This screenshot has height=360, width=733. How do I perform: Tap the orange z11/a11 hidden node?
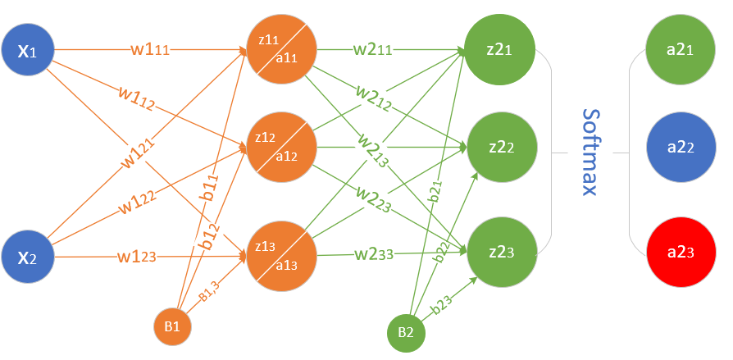(x=282, y=51)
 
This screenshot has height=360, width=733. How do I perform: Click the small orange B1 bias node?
(x=172, y=326)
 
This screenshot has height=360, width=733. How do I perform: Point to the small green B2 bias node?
(x=407, y=332)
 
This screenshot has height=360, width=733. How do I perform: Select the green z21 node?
(x=499, y=51)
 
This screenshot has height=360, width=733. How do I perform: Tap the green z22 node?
(x=499, y=148)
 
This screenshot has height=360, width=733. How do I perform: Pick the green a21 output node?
(x=681, y=51)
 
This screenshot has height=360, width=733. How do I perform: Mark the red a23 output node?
(x=681, y=253)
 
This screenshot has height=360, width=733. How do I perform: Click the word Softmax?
(x=589, y=152)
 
